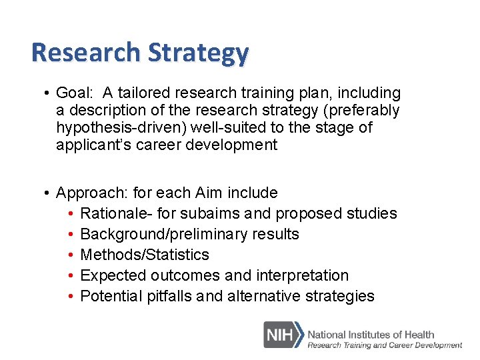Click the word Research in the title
(x=85, y=52)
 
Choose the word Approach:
(x=93, y=193)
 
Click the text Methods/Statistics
(x=145, y=255)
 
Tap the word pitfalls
(x=169, y=296)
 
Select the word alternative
(x=263, y=296)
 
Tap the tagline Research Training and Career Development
(x=384, y=345)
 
